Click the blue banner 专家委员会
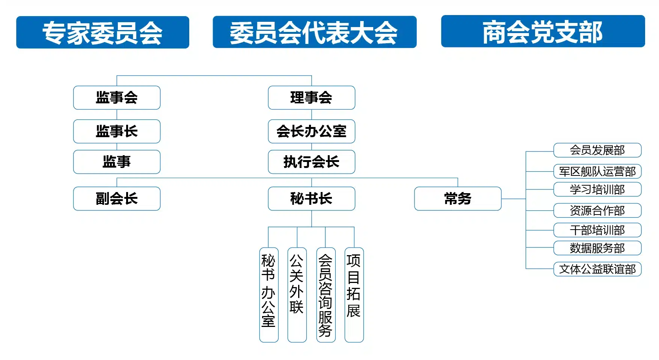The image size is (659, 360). click(103, 32)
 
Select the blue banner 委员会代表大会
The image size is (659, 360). click(314, 32)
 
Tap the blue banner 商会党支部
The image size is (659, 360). click(543, 32)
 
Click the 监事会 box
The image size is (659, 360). click(117, 98)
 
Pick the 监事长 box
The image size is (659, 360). click(117, 132)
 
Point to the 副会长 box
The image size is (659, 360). click(117, 199)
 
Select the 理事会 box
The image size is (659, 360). click(311, 98)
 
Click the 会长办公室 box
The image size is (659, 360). click(311, 132)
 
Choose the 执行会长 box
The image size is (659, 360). click(311, 162)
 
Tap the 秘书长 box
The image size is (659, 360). click(311, 199)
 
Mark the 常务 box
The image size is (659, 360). click(458, 199)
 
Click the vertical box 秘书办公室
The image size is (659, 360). click(269, 295)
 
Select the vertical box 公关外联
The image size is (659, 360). click(297, 295)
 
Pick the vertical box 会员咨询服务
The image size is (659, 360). click(326, 295)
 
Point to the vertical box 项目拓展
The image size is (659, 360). click(354, 295)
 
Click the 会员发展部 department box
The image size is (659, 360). click(597, 150)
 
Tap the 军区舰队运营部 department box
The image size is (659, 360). click(597, 171)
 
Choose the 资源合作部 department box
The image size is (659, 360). click(597, 210)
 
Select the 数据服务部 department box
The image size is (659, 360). click(597, 248)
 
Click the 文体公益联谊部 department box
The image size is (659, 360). click(597, 269)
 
